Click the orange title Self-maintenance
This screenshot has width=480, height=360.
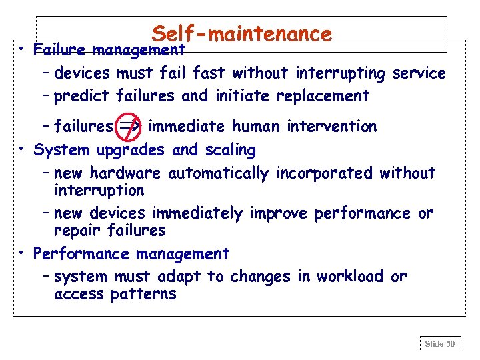coord(241,33)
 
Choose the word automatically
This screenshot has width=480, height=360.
coord(219,173)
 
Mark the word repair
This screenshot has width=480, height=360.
coord(76,231)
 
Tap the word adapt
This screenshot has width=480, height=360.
coord(180,277)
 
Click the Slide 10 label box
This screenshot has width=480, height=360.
coord(440,344)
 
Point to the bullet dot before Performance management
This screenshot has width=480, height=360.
coord(23,254)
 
